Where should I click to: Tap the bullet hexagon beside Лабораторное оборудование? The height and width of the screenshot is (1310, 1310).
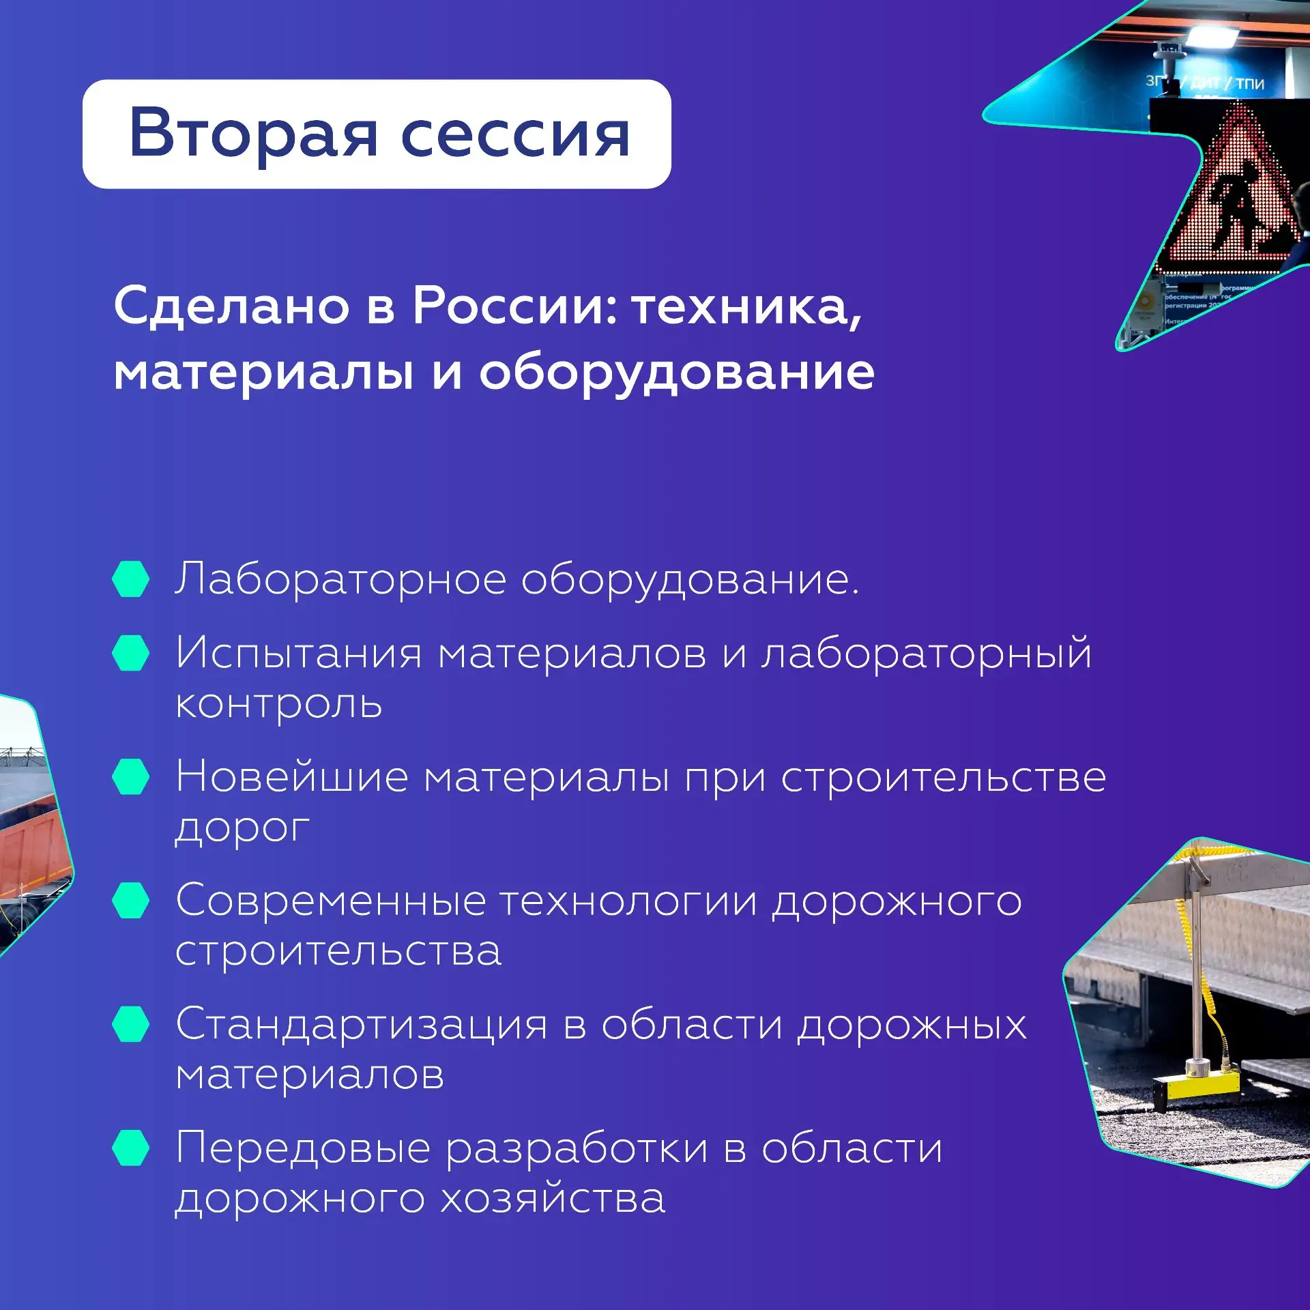coord(130,579)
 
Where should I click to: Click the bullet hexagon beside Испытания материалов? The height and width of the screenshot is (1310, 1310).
coord(130,653)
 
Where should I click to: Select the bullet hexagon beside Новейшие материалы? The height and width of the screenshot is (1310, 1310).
coord(130,776)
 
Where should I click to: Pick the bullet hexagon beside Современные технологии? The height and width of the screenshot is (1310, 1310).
coord(130,900)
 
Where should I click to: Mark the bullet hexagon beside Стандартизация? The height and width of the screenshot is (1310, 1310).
coord(130,1023)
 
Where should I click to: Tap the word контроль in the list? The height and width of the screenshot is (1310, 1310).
coord(278,703)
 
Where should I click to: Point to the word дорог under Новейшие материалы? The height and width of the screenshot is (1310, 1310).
coord(243,829)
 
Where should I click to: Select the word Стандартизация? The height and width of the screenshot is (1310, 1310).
coord(362,1025)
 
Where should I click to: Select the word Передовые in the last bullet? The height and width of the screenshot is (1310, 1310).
coord(303,1148)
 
